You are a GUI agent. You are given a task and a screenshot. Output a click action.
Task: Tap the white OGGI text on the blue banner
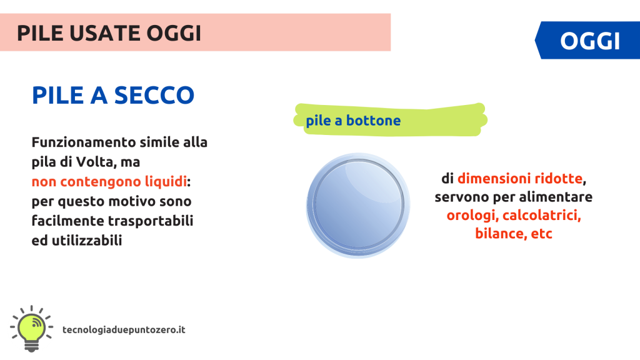pyautogui.click(x=590, y=41)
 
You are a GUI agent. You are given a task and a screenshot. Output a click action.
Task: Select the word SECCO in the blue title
pyautogui.click(x=154, y=95)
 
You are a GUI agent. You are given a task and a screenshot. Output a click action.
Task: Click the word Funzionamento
pyautogui.click(x=78, y=142)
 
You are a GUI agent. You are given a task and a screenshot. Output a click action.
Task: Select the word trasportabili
pyautogui.click(x=150, y=221)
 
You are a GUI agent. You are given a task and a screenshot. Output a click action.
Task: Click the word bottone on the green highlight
pyautogui.click(x=373, y=121)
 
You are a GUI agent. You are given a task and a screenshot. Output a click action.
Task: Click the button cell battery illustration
pyautogui.click(x=358, y=205)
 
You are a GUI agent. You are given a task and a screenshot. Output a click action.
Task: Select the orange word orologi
pyautogui.click(x=471, y=216)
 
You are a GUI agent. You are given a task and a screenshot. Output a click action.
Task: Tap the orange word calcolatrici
pyautogui.click(x=541, y=215)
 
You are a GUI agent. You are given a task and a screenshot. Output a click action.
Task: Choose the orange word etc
pyautogui.click(x=541, y=234)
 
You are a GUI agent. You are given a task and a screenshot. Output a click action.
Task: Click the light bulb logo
pyautogui.click(x=31, y=328)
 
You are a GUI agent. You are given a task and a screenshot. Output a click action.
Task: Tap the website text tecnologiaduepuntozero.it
pyautogui.click(x=124, y=330)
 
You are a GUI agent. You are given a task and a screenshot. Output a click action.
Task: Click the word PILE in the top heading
pyautogui.click(x=40, y=33)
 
